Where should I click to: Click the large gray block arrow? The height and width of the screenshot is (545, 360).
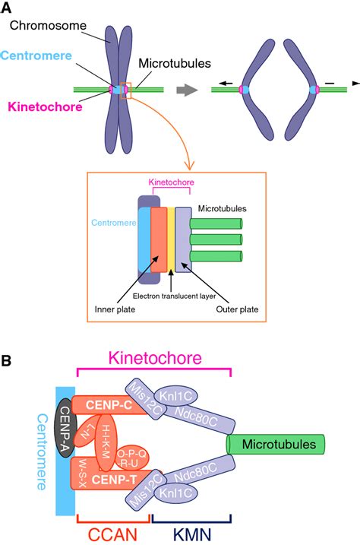186,90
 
